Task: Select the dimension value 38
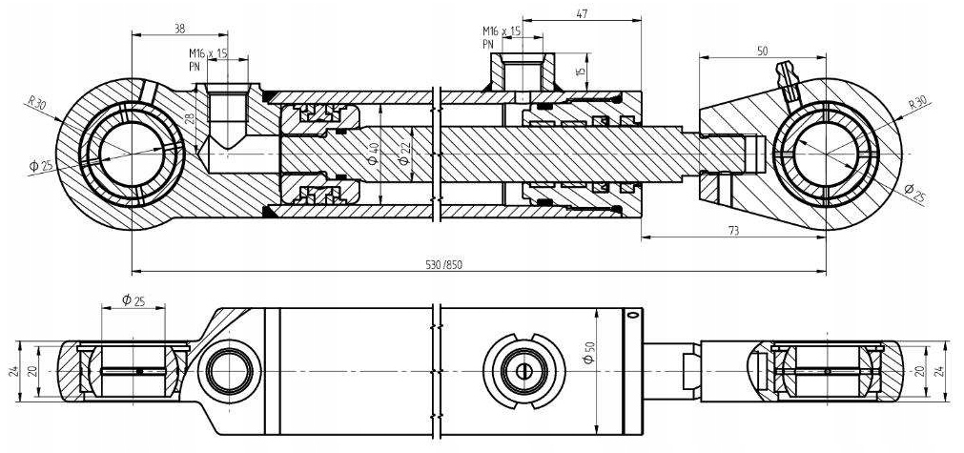[x=179, y=28]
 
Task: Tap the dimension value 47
[x=580, y=14]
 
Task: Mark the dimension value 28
[x=188, y=119]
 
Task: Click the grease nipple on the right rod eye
[x=788, y=80]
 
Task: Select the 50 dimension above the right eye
[x=762, y=51]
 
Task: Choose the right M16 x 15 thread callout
[x=502, y=36]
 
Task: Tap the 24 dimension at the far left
[x=13, y=370]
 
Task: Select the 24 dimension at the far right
[x=944, y=370]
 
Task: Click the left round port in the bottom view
[x=229, y=369]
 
